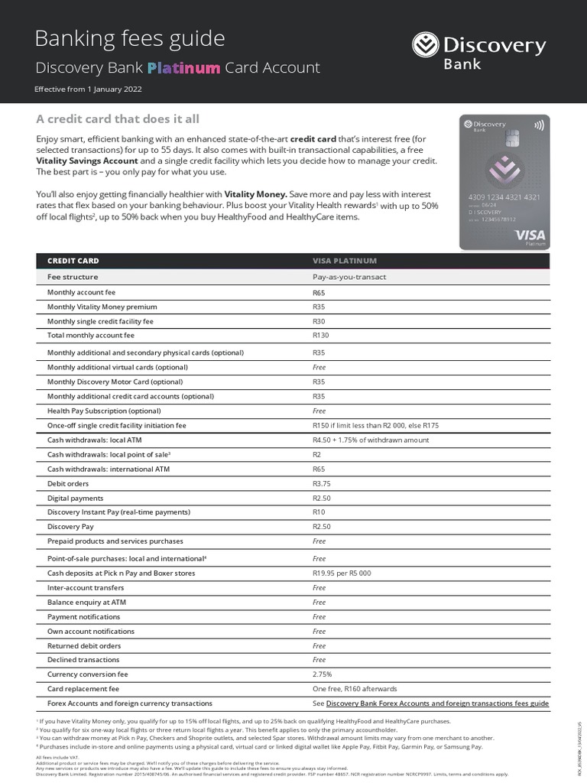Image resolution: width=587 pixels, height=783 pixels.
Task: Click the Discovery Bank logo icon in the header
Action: [426, 45]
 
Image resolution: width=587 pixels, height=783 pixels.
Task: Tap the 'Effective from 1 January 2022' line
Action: [88, 89]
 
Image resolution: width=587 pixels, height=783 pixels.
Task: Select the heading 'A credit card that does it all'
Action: [118, 119]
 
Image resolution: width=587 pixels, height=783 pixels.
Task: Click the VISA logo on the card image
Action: [529, 234]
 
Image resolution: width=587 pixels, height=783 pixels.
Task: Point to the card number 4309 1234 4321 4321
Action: [504, 197]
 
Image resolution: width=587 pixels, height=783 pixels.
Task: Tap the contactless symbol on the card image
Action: [540, 125]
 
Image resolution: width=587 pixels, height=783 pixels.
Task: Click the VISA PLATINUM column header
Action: [345, 261]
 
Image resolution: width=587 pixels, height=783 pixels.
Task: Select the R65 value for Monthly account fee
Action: [319, 293]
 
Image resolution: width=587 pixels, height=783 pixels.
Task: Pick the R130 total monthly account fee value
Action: [321, 336]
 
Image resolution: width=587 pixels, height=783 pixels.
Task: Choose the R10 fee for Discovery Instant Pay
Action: [319, 512]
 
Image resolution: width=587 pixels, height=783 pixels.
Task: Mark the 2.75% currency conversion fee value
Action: [323, 674]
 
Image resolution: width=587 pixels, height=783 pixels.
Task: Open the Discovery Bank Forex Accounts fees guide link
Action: [437, 703]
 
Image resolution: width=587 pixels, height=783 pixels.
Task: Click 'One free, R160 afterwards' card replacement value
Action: [355, 689]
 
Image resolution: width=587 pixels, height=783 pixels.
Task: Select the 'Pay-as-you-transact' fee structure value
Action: [349, 277]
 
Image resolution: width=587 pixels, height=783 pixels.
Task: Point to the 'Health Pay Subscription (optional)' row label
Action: [104, 411]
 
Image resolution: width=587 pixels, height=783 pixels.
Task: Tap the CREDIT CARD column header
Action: [73, 261]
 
